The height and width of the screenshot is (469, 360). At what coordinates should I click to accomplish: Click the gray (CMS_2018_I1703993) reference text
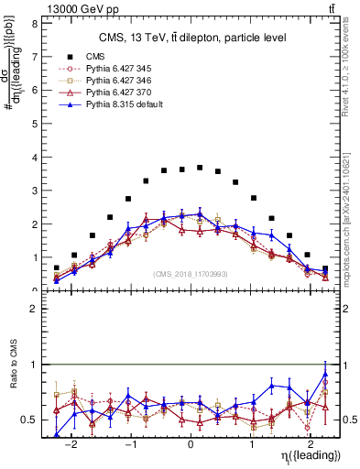pyautogui.click(x=190, y=274)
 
